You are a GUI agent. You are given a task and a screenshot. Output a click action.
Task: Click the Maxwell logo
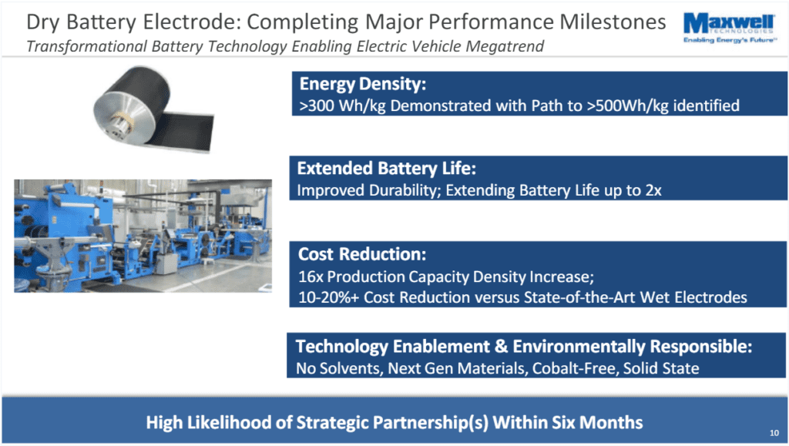pos(729,29)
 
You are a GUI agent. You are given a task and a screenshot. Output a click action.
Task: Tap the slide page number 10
pos(774,432)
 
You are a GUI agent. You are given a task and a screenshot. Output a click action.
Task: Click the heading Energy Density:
pos(362,84)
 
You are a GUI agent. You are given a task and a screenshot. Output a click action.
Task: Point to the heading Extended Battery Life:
pos(387,168)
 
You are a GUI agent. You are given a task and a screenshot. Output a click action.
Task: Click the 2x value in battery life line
pos(653,190)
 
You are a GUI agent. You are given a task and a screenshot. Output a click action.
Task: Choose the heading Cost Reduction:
pos(362,254)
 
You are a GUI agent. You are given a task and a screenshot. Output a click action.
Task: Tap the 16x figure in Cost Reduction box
pos(311,277)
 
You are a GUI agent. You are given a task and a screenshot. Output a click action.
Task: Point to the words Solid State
pos(661,368)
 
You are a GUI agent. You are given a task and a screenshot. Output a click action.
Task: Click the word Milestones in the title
pos(613,22)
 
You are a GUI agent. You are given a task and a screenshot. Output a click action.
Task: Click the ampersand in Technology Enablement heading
pos(501,347)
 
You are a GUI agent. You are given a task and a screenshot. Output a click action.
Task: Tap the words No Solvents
pos(339,368)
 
